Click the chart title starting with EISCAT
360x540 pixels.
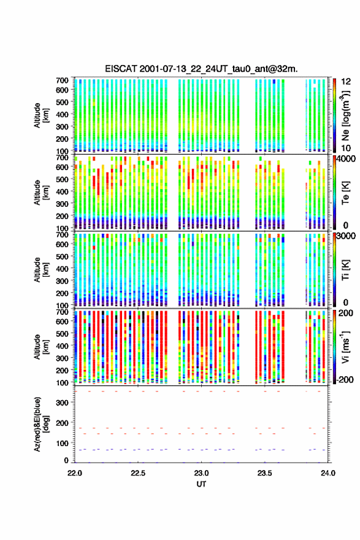[201, 69]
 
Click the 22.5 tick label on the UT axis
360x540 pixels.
[137, 473]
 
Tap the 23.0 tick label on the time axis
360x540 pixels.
[201, 473]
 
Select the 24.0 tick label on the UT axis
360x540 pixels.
[328, 473]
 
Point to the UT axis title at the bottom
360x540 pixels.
[201, 484]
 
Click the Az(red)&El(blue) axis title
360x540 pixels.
[40, 424]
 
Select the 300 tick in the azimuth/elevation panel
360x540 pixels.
[63, 403]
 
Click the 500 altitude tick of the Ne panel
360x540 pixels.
[63, 102]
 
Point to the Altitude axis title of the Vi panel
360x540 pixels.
[40, 347]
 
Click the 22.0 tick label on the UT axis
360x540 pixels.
[75, 473]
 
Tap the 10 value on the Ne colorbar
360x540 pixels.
[346, 148]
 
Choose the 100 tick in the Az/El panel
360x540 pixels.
[63, 443]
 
